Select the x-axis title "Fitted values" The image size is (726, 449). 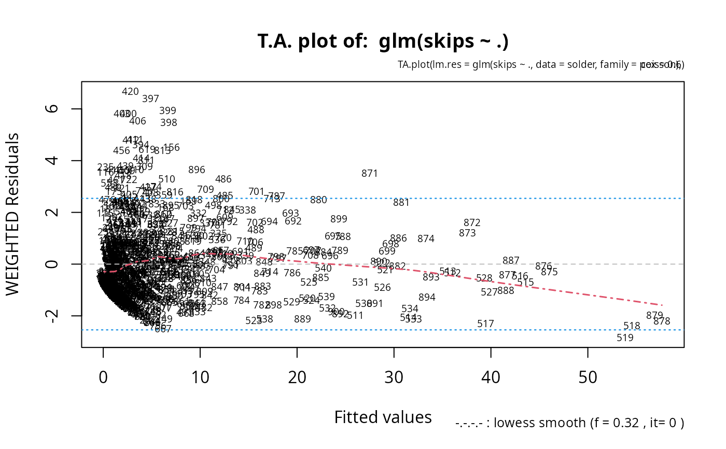[x=383, y=417]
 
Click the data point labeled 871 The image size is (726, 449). [x=370, y=174]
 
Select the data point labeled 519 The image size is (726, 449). [x=625, y=338]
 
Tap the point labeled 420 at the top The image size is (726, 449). [x=130, y=92]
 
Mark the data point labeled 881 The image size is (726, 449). [x=401, y=203]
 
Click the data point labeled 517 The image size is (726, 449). [x=485, y=324]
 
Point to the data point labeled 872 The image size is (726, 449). [x=472, y=223]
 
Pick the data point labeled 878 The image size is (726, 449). [x=662, y=321]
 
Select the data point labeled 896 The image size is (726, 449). [x=197, y=170]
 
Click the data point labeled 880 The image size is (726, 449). [x=318, y=200]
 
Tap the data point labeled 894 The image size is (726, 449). [x=427, y=298]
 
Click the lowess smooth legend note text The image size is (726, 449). [x=570, y=423]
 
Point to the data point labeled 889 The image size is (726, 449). [x=302, y=319]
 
